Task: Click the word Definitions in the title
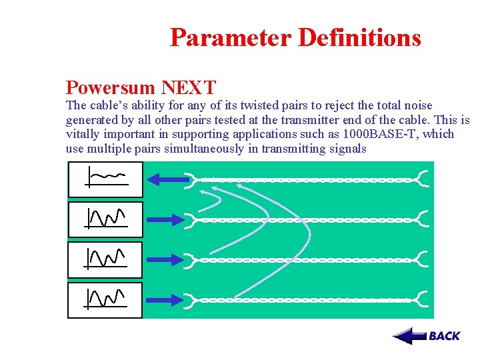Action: (x=359, y=37)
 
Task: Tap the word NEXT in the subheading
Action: (x=189, y=87)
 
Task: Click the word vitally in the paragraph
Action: (x=81, y=134)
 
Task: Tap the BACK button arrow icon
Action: (x=409, y=336)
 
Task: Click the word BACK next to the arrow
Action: (x=445, y=336)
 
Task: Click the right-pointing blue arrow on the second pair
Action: (x=166, y=219)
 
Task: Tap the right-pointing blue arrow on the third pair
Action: (x=166, y=259)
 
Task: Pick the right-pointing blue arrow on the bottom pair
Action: (x=166, y=299)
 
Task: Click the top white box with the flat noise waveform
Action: (x=105, y=179)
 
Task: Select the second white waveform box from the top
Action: (x=105, y=219)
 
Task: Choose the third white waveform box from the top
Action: (x=105, y=259)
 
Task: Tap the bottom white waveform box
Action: (x=105, y=300)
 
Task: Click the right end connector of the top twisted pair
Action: (x=423, y=179)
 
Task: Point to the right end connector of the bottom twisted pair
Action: (x=423, y=299)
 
